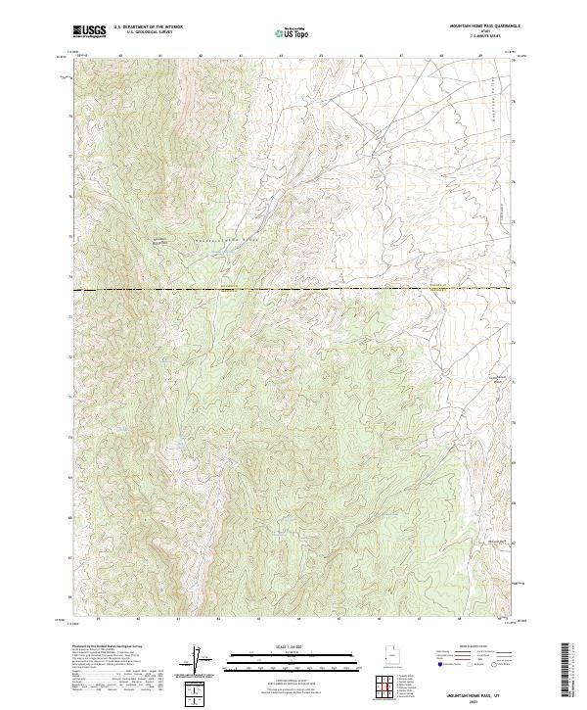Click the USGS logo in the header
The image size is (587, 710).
[x=89, y=30]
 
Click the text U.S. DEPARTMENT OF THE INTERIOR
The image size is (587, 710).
[x=147, y=27]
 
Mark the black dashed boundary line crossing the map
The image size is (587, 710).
[x=293, y=290]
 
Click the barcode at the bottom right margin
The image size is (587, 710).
[x=564, y=670]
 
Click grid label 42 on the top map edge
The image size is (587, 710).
[x=200, y=56]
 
